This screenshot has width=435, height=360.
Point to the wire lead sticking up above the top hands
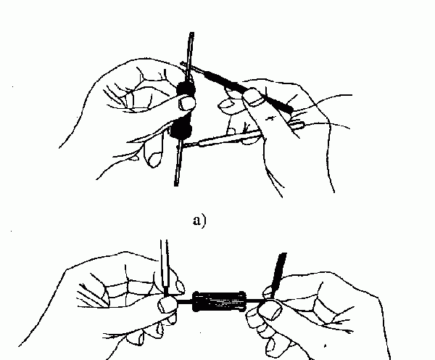pyautogui.click(x=190, y=57)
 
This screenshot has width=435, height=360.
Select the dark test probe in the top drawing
pyautogui.click(x=239, y=87)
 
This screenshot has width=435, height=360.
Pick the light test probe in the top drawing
pyautogui.click(x=222, y=139)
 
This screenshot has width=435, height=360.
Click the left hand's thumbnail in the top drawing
pyautogui.click(x=186, y=103)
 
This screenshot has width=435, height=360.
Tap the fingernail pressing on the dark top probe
pyautogui.click(x=253, y=96)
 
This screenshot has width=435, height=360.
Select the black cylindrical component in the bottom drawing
pyautogui.click(x=220, y=301)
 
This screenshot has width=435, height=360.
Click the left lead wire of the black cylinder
pyautogui.click(x=184, y=301)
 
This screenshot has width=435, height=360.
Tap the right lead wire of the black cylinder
pyautogui.click(x=254, y=300)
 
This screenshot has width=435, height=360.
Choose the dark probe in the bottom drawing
pyautogui.click(x=279, y=275)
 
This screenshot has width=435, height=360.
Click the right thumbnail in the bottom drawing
pyautogui.click(x=270, y=309)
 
